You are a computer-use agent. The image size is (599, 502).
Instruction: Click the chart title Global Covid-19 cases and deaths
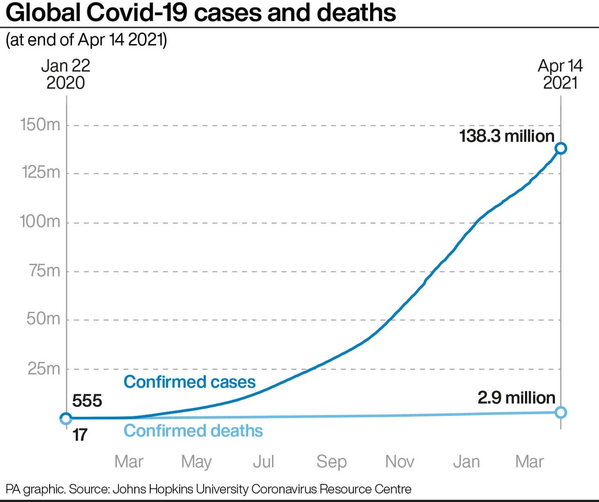point(201,13)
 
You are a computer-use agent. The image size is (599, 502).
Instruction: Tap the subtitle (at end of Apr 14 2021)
point(86,40)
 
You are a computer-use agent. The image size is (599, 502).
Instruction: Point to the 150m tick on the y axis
point(40,125)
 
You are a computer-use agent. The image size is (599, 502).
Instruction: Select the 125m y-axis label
point(41,173)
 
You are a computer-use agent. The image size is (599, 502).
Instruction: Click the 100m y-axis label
point(40,221)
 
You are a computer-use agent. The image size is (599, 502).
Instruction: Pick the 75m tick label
point(45,271)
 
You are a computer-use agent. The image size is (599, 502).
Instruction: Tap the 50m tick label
point(44,319)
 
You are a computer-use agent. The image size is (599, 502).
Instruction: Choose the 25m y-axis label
point(44,369)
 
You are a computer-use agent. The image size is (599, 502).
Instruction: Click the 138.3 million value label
point(507,136)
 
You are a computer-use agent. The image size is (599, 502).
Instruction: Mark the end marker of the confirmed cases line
point(561,148)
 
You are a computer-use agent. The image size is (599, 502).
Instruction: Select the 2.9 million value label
point(516,398)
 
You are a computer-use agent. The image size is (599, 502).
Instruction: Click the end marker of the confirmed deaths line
point(561,413)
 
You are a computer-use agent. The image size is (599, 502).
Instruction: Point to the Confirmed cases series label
point(190,382)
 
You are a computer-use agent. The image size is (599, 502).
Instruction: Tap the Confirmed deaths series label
point(193,431)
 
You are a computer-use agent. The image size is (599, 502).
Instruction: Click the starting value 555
point(87,401)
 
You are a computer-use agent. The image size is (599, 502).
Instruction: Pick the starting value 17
point(80,435)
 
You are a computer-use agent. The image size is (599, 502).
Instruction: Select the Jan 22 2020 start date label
point(66,74)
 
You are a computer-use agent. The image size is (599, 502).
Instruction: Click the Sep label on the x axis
point(331,462)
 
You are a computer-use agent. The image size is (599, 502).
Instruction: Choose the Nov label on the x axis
point(399,462)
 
